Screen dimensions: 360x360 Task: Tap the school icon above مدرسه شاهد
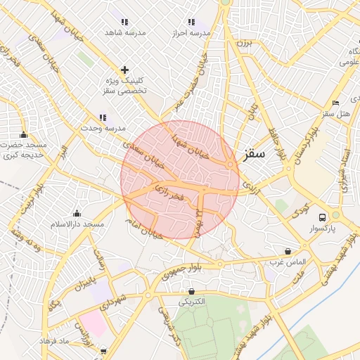[x=125, y=22]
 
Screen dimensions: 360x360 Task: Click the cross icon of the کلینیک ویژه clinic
[x=125, y=70]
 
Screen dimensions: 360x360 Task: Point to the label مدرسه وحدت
[x=103, y=128]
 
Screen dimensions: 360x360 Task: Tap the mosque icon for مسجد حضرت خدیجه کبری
[x=24, y=134]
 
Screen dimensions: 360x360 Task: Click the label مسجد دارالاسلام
[x=77, y=224]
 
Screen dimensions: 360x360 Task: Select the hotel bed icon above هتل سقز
[x=335, y=103]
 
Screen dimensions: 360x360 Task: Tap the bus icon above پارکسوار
[x=322, y=217]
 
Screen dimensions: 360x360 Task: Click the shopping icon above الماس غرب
[x=288, y=251]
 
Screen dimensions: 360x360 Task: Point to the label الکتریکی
[x=191, y=302]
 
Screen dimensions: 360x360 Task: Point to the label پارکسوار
[x=322, y=229]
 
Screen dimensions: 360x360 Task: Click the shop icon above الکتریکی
[x=191, y=291]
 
